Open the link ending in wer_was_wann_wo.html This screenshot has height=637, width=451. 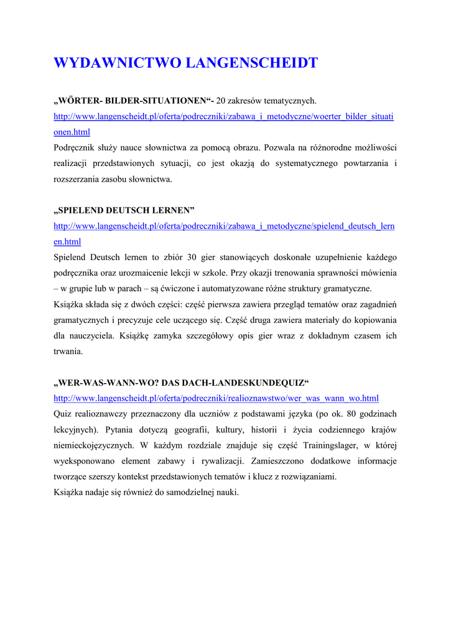pyautogui.click(x=216, y=398)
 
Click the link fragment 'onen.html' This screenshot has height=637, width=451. pyautogui.click(x=72, y=132)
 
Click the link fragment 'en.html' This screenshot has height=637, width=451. pyautogui.click(x=67, y=241)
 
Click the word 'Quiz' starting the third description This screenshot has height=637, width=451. pyautogui.click(x=63, y=414)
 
